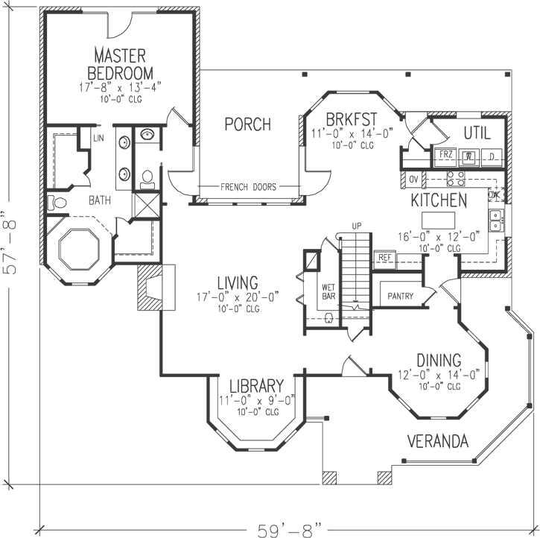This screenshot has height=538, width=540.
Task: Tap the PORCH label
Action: pyautogui.click(x=247, y=124)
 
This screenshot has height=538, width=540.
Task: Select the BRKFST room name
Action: pyautogui.click(x=352, y=119)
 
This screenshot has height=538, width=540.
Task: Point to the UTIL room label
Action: pyautogui.click(x=477, y=133)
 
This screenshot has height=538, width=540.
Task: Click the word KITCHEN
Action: pyautogui.click(x=439, y=200)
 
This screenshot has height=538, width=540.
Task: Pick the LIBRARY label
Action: pyautogui.click(x=256, y=386)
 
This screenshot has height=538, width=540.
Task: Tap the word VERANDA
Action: pyautogui.click(x=438, y=441)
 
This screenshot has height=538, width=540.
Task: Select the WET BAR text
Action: pyautogui.click(x=328, y=291)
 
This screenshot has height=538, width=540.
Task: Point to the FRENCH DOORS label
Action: pyautogui.click(x=248, y=187)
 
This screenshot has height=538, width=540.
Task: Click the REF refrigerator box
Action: pyautogui.click(x=384, y=257)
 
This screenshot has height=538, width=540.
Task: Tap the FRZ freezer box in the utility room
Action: pyautogui.click(x=446, y=156)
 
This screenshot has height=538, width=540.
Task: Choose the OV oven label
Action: pyautogui.click(x=413, y=179)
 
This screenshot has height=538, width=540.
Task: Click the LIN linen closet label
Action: pyautogui.click(x=98, y=139)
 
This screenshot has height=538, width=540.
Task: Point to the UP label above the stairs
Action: pyautogui.click(x=358, y=225)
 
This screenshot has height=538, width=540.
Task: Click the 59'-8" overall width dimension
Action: pyautogui.click(x=289, y=529)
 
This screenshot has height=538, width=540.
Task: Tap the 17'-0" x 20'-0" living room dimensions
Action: pyautogui.click(x=238, y=297)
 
